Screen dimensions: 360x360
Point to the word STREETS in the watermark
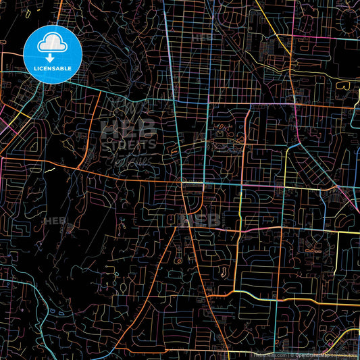coord(129,143)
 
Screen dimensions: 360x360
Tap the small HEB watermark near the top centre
coord(202,38)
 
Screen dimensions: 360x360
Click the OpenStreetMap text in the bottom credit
coord(315,355)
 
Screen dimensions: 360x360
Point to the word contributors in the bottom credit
coord(345,355)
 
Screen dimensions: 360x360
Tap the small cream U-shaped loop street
coord(223,272)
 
